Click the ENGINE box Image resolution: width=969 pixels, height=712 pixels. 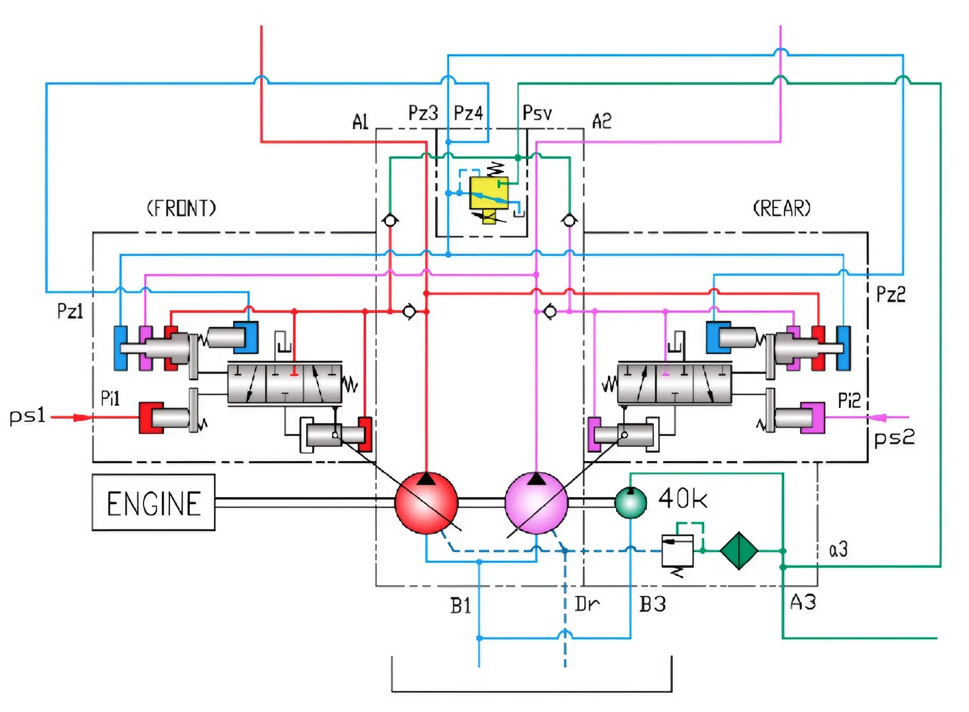pos(153,503)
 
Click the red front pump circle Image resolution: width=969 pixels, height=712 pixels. pos(426,503)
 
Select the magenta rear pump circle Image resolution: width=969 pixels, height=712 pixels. pos(536,503)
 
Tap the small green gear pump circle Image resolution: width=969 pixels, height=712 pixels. pos(631,503)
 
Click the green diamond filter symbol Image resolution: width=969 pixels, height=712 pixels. pos(739,550)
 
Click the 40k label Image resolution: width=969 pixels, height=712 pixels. pos(683,499)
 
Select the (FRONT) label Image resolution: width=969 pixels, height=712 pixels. pos(181,208)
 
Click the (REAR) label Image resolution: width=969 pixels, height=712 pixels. pos(781,208)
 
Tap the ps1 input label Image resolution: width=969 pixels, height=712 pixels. pos(27,416)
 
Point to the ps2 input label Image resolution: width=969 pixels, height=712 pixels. pos(894,438)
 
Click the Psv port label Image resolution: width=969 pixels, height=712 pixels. pos(537,113)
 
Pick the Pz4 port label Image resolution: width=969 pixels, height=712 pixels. pos(468,113)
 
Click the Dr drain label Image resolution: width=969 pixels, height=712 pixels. pos(587,604)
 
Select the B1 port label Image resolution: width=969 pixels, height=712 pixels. pos(460,606)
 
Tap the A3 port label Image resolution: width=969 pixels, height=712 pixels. pos(803,602)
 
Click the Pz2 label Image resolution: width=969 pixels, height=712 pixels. pos(890,294)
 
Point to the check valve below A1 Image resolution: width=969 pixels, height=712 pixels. pos(390,221)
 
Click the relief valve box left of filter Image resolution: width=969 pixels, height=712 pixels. pos(677,550)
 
